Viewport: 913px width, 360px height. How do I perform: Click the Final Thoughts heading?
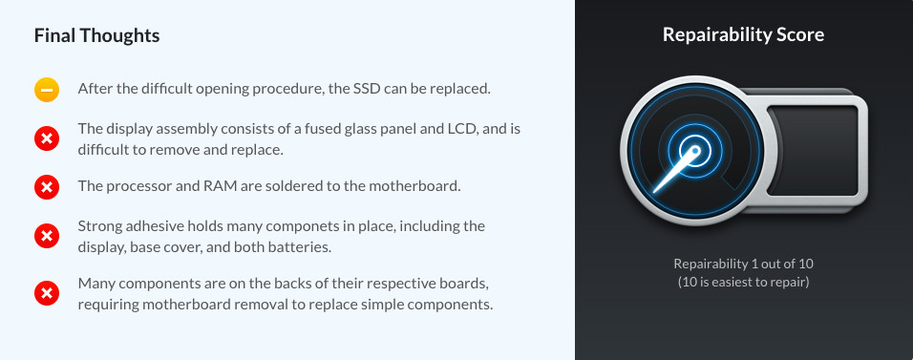[x=96, y=35]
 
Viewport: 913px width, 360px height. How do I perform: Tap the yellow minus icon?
[x=47, y=90]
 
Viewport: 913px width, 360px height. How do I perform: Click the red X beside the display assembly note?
[x=47, y=139]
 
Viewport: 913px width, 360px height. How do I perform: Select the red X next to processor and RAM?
[x=47, y=187]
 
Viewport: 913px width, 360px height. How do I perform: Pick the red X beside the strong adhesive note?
[x=47, y=236]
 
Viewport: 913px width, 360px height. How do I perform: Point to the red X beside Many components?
[x=47, y=293]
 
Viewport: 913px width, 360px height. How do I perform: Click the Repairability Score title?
[x=744, y=35]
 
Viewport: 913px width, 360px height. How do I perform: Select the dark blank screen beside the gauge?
[x=813, y=150]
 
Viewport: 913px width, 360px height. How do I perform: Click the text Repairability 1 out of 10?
[x=744, y=264]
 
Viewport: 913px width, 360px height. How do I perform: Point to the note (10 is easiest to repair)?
[x=744, y=283]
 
